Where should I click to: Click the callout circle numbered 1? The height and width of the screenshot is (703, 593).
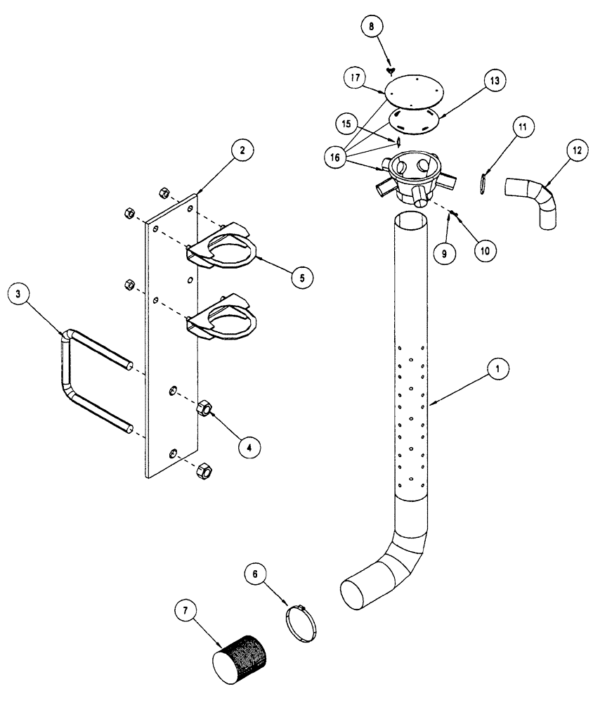(x=496, y=367)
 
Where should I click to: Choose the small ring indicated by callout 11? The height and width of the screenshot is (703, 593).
(x=482, y=183)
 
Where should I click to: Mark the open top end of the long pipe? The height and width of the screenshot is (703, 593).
(x=410, y=221)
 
